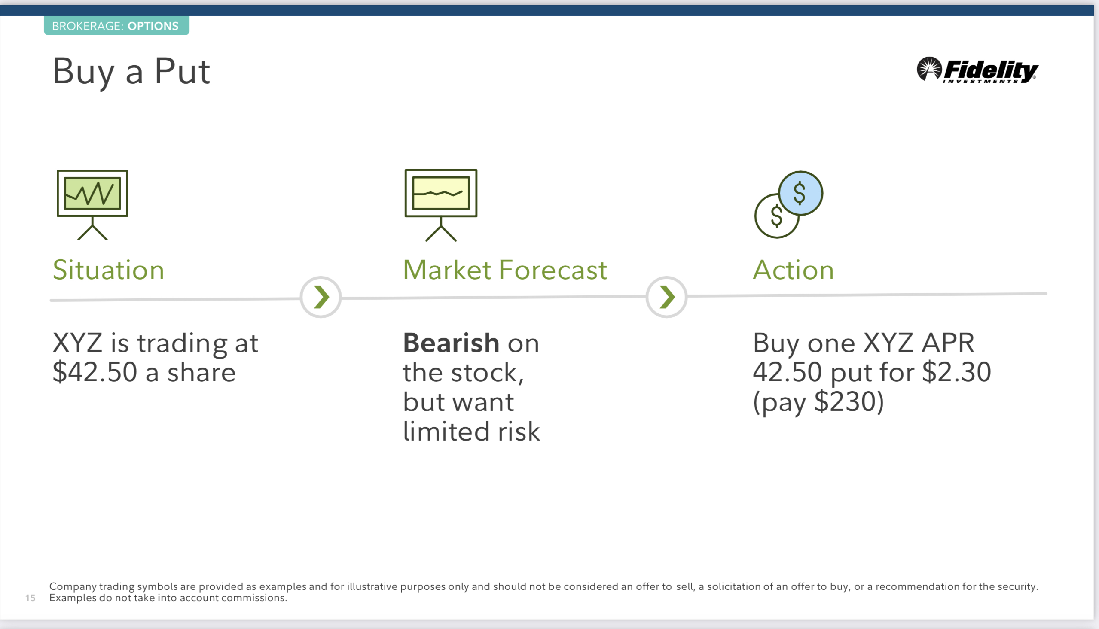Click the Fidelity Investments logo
point(977,70)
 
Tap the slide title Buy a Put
point(131,72)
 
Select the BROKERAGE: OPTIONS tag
point(117,25)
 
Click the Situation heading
point(108,270)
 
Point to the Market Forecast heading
point(505,270)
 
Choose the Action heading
point(794,270)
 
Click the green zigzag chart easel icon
point(92,205)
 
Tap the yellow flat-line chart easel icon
point(441,205)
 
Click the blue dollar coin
point(801,193)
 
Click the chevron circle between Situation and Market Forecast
point(321,297)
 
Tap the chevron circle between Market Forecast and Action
point(666,297)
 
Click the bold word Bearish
point(451,343)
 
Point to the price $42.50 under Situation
point(95,372)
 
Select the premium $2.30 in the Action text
point(956,372)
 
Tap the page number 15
point(30,598)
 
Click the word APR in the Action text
point(948,343)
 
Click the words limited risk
point(471,431)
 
